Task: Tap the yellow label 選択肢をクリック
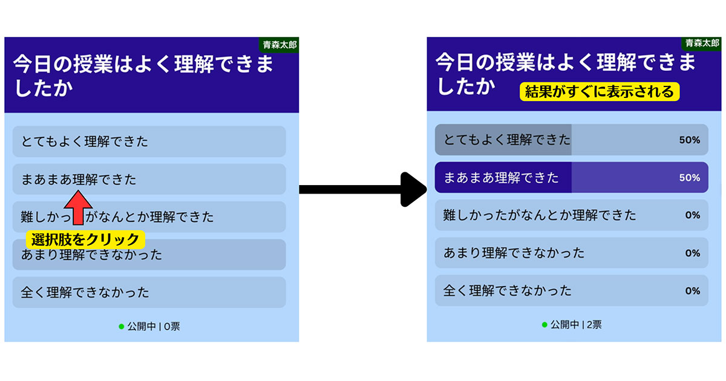85,239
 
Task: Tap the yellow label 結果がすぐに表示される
599,92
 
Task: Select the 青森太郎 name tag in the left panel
280,45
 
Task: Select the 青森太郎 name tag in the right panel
702,44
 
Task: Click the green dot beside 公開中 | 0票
122,327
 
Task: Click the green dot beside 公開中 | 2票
544,325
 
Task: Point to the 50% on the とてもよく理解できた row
689,140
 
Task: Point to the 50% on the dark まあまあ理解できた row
689,178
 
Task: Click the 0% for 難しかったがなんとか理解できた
692,215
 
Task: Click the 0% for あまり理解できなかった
692,253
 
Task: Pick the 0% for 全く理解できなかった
692,290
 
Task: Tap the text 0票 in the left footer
172,327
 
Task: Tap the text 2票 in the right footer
594,325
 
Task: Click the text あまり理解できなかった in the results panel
514,253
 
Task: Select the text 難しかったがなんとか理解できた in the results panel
540,215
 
